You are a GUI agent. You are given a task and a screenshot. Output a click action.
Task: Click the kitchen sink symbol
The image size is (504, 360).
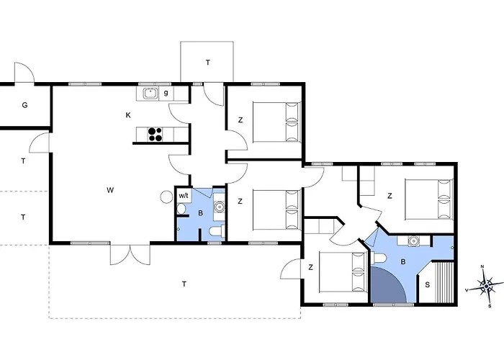[150, 93]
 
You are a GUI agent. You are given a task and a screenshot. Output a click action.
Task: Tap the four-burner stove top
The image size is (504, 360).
[155, 135]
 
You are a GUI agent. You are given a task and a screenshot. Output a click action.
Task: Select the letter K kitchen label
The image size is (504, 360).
[128, 115]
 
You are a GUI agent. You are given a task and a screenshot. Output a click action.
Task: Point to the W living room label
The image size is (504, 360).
[110, 190]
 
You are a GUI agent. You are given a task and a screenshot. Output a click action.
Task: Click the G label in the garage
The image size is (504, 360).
[24, 105]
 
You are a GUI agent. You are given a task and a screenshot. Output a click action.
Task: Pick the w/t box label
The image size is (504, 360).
[184, 196]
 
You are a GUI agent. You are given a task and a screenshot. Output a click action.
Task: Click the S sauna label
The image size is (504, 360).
[427, 285]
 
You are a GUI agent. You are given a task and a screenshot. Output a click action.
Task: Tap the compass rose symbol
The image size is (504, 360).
[485, 286]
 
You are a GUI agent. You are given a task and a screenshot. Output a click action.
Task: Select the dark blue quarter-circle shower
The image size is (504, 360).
[388, 284]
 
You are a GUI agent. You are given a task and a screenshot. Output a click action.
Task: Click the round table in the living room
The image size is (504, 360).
[167, 197]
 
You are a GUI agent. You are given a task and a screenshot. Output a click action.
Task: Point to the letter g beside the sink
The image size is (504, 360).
[166, 93]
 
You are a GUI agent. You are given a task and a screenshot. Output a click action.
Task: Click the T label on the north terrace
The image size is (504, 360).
[208, 63]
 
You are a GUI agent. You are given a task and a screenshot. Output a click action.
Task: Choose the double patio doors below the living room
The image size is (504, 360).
[130, 255]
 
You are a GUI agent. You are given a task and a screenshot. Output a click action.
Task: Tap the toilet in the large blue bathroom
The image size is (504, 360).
[379, 258]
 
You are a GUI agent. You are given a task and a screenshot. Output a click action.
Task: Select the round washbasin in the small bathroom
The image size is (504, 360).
[220, 207]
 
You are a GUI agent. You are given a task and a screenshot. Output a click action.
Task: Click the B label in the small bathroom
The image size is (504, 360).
[201, 213]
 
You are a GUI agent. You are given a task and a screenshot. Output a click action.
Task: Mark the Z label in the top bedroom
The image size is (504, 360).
[240, 120]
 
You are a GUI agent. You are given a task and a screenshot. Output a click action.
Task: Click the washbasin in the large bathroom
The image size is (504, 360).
[413, 240]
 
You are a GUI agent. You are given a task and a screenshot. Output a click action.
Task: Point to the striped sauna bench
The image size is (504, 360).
[444, 282]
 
